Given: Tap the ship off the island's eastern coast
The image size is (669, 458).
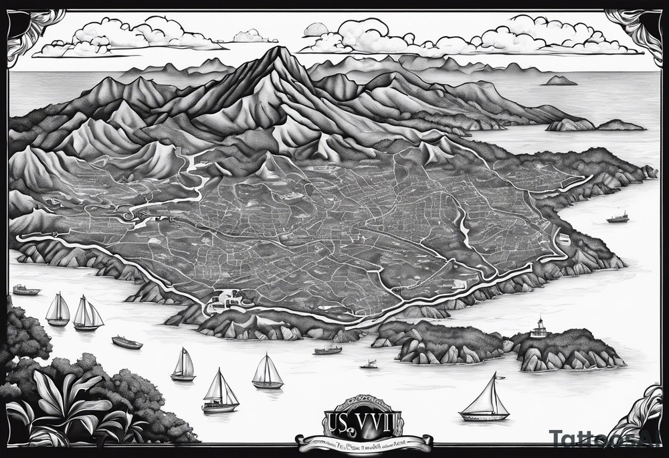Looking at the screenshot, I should pyautogui.click(x=617, y=217).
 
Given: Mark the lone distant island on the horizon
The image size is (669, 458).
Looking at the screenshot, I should pyautogui.click(x=560, y=81).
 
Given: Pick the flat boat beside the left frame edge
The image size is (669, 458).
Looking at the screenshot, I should pyautogui.click(x=26, y=290).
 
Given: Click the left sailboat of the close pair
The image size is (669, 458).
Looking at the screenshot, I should pyautogui.click(x=58, y=311).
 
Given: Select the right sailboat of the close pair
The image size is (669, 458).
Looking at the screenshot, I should pyautogui.click(x=88, y=315).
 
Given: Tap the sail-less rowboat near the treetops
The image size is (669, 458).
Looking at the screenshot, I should pyautogui.click(x=127, y=343).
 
